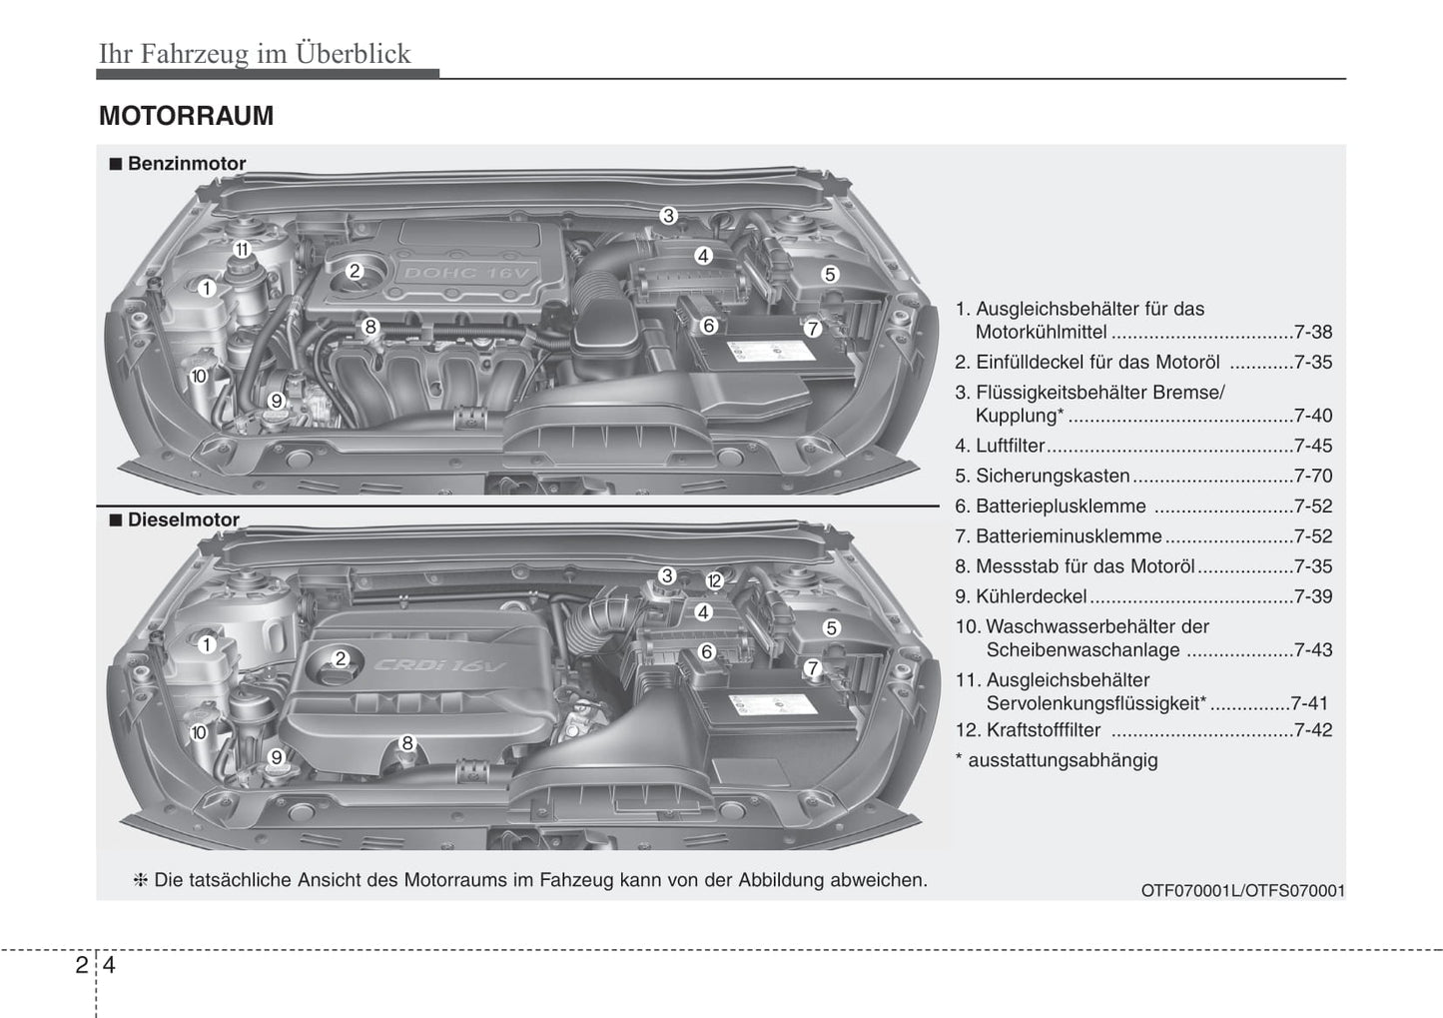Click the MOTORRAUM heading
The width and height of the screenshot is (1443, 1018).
point(186,116)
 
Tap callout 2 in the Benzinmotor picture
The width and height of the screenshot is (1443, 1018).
point(355,271)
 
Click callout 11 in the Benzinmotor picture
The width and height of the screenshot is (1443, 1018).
point(242,249)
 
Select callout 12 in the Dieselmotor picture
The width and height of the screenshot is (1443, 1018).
point(714,580)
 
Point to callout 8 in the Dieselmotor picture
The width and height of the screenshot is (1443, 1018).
point(407,742)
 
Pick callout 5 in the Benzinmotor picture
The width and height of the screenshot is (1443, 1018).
point(830,274)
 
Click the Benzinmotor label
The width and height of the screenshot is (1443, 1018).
point(186,164)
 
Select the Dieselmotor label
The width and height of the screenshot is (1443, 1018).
point(183,519)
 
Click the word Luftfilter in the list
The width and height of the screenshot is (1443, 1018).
point(1010,446)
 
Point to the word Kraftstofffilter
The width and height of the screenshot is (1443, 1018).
point(1044,730)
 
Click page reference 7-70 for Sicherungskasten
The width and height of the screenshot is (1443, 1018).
point(1312,476)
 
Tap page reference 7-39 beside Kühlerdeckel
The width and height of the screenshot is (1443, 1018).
point(1312,596)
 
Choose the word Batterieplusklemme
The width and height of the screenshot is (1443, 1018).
point(1061,507)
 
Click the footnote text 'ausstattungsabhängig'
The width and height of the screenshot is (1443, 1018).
point(1063,760)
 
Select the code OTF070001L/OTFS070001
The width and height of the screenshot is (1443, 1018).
point(1242,890)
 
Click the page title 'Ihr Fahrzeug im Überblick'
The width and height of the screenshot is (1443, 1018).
point(255,53)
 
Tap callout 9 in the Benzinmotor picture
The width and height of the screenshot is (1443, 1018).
point(277,401)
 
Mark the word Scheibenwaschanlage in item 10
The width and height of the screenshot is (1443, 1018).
point(1082,650)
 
